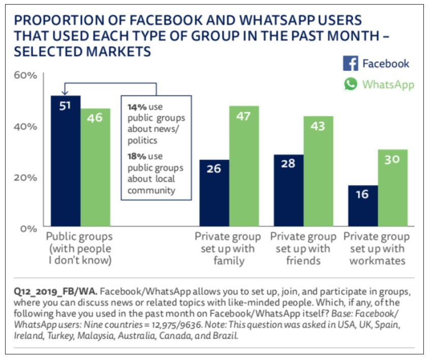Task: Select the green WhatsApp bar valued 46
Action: point(95,167)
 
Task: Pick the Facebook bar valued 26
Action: point(214,193)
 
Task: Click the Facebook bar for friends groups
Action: point(289,190)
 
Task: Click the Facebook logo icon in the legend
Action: point(350,64)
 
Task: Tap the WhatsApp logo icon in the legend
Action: point(350,84)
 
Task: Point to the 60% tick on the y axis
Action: point(25,75)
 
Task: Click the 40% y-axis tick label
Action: point(25,126)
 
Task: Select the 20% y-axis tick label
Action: point(25,177)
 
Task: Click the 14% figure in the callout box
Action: point(135,108)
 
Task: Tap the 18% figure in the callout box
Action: point(135,157)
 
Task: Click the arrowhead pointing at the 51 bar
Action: point(65,92)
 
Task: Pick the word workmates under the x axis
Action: point(377,261)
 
